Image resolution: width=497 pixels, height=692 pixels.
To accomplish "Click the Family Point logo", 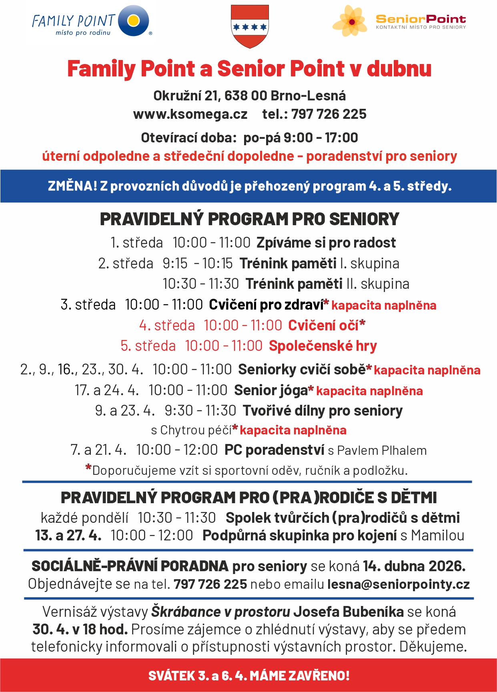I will [91, 22].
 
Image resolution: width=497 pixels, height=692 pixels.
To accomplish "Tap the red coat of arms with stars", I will [250, 26].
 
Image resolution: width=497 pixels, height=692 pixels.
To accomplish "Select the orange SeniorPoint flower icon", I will [350, 21].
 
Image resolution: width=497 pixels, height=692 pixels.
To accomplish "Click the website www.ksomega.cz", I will [190, 114].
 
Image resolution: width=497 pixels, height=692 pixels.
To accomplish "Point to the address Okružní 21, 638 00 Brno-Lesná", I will [249, 96].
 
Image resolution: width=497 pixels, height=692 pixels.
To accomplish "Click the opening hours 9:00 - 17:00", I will [321, 138].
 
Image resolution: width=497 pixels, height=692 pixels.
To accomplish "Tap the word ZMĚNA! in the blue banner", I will [72, 186].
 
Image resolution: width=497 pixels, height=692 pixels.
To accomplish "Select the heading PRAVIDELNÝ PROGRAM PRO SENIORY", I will [249, 219].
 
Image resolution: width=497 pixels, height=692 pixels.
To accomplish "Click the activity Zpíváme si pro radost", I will [326, 243].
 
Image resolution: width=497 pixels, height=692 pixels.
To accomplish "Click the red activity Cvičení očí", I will [323, 326].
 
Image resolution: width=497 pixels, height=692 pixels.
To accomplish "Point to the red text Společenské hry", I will [323, 346].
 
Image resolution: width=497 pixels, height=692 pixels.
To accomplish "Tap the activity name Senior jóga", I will [271, 390].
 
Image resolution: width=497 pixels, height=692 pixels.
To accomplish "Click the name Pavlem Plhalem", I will [382, 450].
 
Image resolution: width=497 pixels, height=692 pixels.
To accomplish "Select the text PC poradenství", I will [274, 450].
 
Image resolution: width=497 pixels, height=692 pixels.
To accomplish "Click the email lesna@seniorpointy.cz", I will [398, 584].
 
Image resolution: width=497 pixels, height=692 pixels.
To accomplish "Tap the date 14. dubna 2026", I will [414, 566].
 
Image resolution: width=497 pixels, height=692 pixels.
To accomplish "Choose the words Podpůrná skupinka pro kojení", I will [300, 535].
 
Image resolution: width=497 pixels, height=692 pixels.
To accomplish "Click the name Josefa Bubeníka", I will [348, 612].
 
